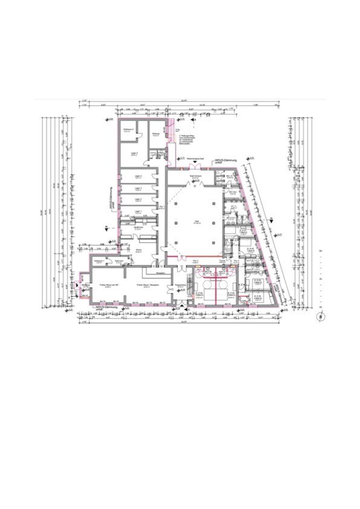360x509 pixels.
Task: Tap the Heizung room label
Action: [x=155, y=134]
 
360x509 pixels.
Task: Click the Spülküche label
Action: [x=139, y=228]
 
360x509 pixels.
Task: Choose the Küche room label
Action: [x=139, y=250]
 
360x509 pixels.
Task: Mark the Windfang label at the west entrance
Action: [x=85, y=284]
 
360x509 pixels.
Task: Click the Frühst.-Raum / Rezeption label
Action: [x=146, y=285]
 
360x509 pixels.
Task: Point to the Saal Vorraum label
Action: [x=195, y=176]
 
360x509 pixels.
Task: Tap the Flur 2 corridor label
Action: [x=195, y=260]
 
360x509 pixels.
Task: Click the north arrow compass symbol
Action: [x=320, y=316]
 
